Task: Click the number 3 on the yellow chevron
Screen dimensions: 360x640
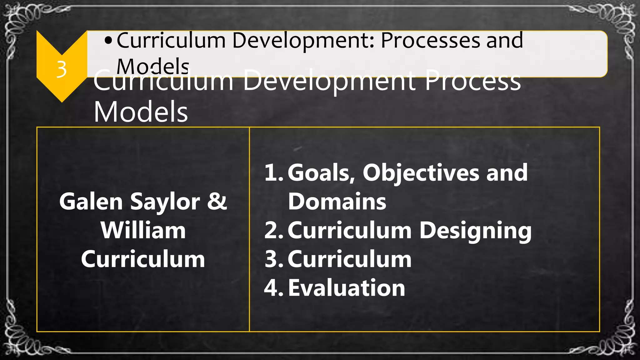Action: point(62,69)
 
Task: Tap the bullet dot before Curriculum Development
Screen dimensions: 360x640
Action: point(108,41)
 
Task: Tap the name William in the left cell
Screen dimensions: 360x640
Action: point(143,231)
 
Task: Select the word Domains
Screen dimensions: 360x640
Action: point(337,202)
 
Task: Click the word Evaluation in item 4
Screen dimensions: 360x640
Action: point(346,288)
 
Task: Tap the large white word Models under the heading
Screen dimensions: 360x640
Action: point(141,112)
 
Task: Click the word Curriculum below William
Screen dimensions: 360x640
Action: point(143,259)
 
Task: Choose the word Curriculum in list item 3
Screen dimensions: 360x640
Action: point(349,259)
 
